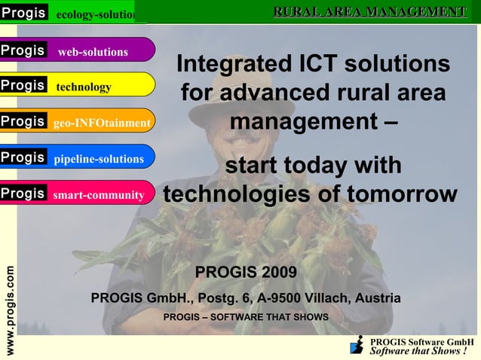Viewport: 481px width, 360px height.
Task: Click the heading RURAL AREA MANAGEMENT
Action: [x=369, y=11]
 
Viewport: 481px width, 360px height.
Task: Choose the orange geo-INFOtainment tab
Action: [x=102, y=123]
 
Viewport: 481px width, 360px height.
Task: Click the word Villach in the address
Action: [x=334, y=298]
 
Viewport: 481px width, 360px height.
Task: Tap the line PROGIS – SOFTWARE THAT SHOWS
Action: [x=246, y=317]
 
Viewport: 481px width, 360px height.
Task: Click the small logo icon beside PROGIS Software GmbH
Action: [x=357, y=346]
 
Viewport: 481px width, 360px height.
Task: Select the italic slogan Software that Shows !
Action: [x=418, y=351]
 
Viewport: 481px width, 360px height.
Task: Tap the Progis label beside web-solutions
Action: [x=23, y=50]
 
